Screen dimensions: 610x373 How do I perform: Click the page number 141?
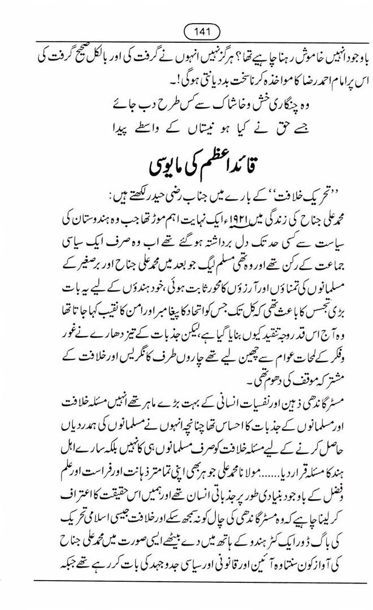click(x=186, y=29)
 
